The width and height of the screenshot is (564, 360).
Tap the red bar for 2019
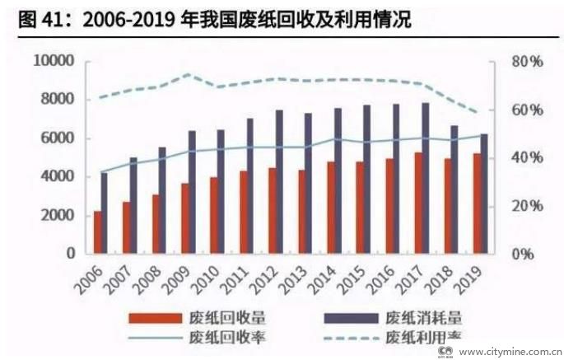[476, 203]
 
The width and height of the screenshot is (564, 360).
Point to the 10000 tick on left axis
[54, 62]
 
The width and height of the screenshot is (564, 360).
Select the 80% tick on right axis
[524, 62]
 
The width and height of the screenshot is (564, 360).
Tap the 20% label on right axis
[524, 206]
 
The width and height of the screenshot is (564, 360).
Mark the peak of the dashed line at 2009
[188, 74]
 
